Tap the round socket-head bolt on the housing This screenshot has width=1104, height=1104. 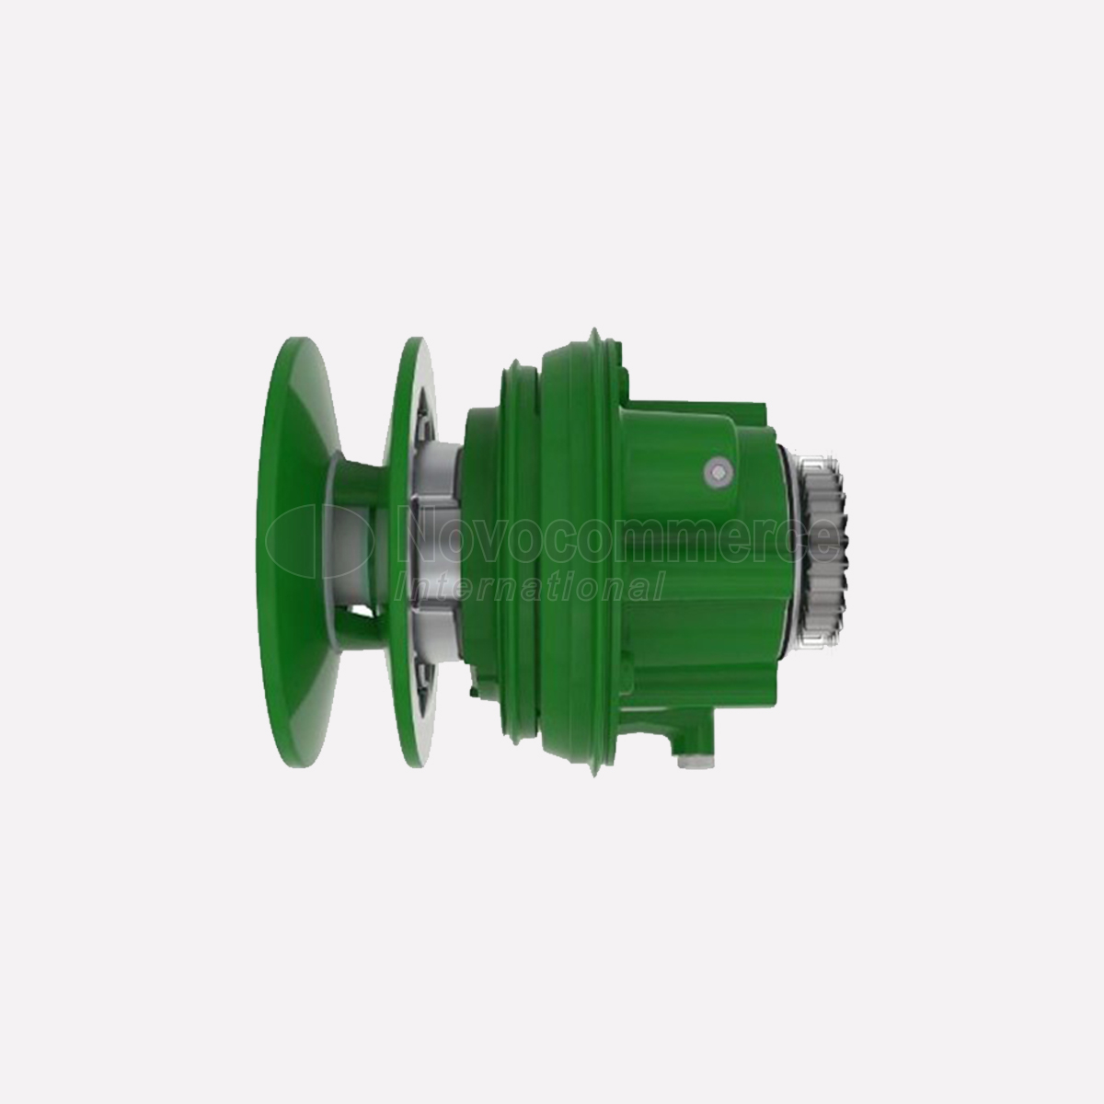(x=719, y=471)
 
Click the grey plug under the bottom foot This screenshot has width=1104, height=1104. (x=693, y=762)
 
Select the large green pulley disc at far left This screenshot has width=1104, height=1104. (x=298, y=552)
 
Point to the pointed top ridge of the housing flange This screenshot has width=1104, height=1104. (x=594, y=332)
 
